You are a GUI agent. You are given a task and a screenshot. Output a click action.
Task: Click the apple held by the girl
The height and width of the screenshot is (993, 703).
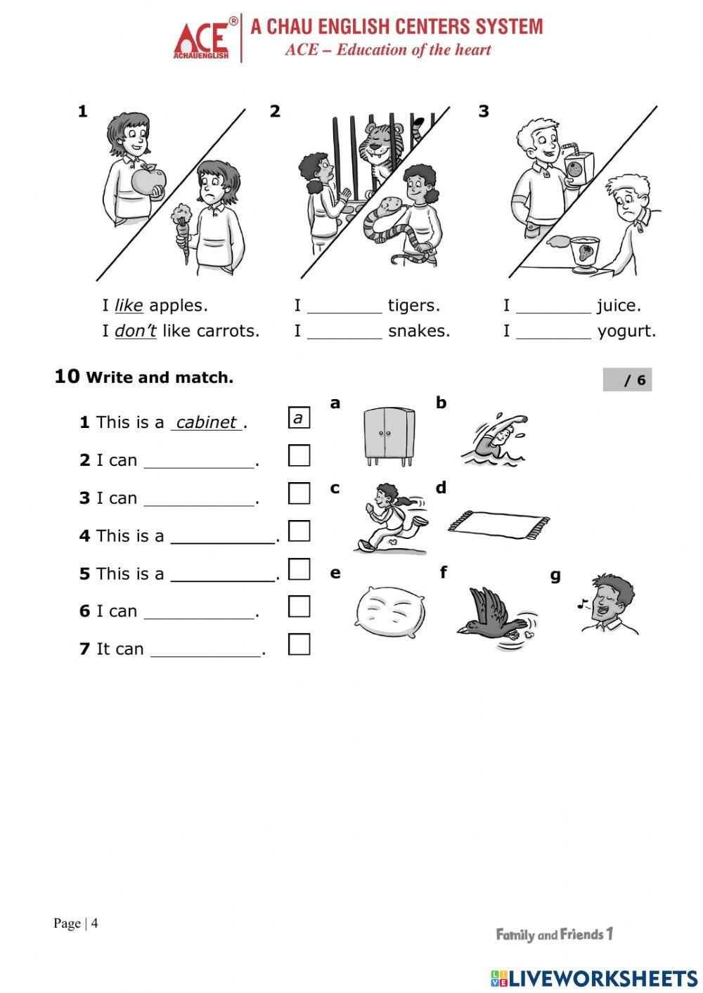(149, 181)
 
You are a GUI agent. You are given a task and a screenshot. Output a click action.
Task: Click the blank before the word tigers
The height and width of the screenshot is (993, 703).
(344, 306)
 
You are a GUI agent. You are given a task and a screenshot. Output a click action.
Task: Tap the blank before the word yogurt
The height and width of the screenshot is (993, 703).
(553, 332)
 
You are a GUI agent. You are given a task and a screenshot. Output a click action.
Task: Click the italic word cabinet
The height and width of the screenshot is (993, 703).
(206, 422)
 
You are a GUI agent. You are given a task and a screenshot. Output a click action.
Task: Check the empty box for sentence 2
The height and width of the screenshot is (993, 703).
(299, 455)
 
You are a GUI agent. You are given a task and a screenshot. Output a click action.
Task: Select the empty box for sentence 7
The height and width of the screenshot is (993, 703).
(299, 644)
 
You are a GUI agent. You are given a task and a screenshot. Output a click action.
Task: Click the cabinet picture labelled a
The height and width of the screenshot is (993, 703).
(389, 436)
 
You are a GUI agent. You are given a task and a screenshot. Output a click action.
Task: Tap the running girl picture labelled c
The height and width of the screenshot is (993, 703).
(389, 519)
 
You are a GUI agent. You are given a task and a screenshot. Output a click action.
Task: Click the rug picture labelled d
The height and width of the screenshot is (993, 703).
(499, 524)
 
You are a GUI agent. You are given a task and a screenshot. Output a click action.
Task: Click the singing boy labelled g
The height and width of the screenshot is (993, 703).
(609, 604)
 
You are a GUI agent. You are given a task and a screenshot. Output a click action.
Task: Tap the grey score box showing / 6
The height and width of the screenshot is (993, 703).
(627, 380)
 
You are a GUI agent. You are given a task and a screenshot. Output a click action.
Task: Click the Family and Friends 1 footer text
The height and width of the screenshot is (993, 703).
(555, 935)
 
